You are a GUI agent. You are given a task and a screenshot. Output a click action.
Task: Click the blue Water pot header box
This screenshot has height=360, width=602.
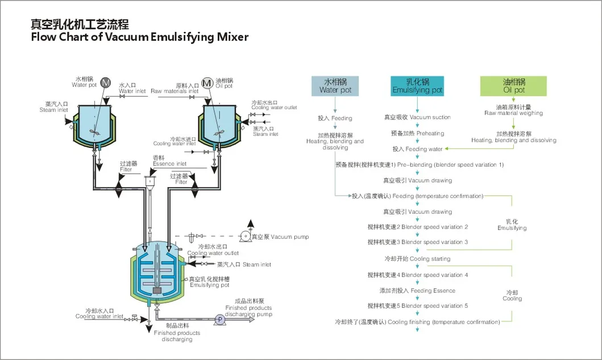coord(335,86)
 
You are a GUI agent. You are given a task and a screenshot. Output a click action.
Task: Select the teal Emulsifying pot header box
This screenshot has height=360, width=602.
coord(417,86)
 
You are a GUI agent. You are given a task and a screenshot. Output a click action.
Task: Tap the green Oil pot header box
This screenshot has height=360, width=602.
coord(514,86)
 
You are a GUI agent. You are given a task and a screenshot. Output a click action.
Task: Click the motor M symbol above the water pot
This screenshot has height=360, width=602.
coord(106,82)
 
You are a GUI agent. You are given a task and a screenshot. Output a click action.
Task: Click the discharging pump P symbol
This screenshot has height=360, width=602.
coord(219,320)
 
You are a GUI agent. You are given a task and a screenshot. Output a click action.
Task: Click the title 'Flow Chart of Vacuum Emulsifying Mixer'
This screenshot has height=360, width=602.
coord(139,38)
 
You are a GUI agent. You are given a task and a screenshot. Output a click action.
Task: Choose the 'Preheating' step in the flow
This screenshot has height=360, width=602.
coord(417,134)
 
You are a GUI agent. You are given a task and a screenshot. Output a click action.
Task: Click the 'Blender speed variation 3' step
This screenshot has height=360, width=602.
coord(417,242)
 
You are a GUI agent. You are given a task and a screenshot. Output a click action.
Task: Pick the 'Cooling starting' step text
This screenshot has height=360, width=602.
coord(417,259)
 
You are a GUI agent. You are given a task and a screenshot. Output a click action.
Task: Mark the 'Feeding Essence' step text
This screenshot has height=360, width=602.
coord(417,291)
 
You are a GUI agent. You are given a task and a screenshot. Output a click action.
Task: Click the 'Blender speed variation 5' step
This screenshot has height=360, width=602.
coord(417,306)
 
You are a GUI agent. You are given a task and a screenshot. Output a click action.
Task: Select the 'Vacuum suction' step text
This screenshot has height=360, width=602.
coord(417,117)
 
